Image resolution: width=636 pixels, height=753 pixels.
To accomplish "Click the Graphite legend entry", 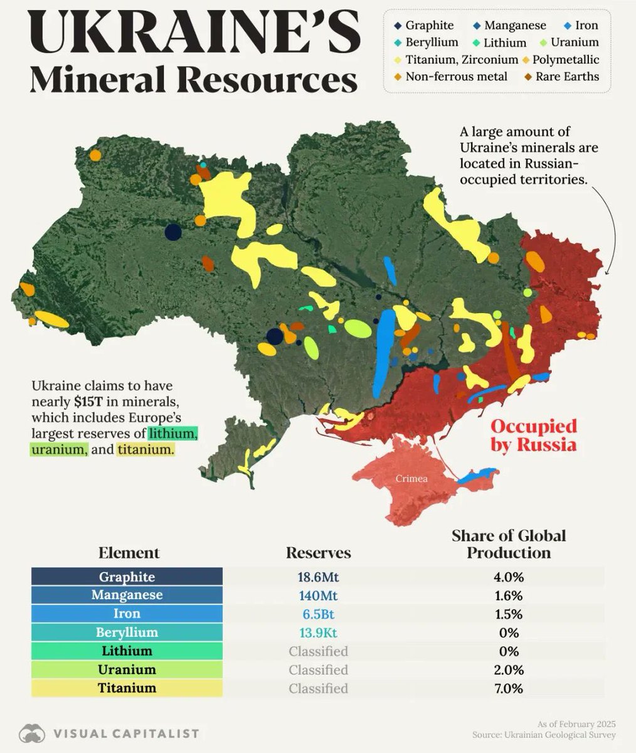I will coord(424,26).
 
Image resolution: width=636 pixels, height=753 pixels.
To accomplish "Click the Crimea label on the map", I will coord(411,479).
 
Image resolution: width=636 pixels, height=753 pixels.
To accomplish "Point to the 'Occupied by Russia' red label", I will coord(533,435).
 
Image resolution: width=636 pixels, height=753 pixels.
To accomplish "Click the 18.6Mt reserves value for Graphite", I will coord(318,577).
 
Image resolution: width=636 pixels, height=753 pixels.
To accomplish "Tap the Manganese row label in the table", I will coord(127,595).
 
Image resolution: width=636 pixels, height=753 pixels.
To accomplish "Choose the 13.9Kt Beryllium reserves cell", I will coord(318,632).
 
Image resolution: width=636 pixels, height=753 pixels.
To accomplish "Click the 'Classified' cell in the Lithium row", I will coord(318,651).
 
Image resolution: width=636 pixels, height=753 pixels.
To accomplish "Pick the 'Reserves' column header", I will coord(318,553).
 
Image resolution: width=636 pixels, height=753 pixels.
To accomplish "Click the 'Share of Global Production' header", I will coord(509,544).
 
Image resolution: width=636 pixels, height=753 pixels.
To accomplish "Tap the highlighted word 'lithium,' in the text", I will coord(173,434).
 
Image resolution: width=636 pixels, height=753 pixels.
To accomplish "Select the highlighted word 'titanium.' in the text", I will coord(146,450).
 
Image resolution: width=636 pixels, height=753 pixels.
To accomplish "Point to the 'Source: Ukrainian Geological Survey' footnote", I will coord(544,735).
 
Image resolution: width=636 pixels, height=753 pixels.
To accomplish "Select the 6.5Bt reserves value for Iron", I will coord(318,614).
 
